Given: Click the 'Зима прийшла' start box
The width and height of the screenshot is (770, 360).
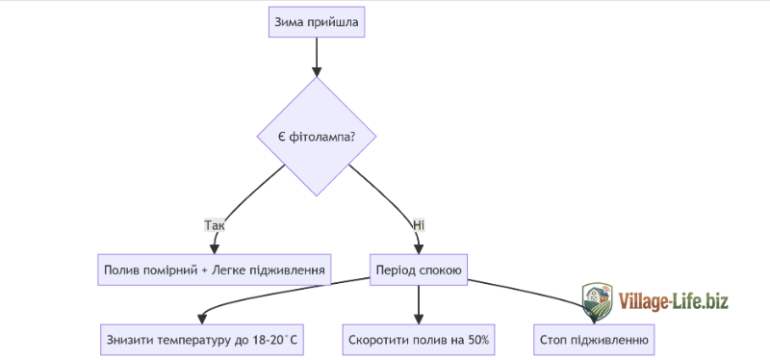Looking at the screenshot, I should [316, 22].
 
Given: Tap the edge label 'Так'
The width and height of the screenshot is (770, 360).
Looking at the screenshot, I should [215, 225].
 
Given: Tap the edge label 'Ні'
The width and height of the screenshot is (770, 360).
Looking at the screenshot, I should [419, 225].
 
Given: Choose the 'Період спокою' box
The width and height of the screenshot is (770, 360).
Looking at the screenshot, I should [420, 270].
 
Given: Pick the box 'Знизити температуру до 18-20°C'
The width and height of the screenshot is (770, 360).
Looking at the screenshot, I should [200, 339].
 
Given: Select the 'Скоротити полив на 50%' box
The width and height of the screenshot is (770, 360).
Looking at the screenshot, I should [419, 339].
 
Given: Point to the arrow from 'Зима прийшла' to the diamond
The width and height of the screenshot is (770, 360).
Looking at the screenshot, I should [316, 56].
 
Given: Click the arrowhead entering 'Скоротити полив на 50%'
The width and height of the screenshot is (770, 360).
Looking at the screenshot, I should [419, 319].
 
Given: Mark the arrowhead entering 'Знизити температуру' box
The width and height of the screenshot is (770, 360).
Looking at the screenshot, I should [200, 319].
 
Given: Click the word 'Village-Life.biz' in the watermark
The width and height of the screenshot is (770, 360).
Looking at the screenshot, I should [674, 301].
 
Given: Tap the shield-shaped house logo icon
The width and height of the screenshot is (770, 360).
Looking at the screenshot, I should [597, 299].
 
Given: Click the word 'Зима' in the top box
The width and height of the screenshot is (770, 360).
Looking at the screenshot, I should [291, 22].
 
